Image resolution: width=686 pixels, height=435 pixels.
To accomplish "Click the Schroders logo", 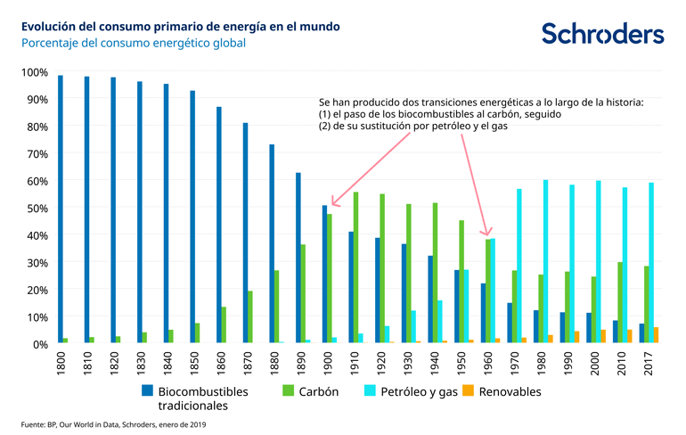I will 602,34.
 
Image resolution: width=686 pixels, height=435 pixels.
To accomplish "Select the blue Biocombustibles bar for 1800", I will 61,209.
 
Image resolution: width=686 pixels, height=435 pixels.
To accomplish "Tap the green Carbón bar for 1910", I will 356,267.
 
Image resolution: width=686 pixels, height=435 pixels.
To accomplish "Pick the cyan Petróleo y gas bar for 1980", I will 546,262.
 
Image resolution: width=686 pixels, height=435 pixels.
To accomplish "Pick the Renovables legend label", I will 508,391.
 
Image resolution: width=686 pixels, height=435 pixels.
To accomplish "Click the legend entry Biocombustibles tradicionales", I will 202,398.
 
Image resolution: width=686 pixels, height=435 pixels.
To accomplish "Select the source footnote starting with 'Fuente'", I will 114,424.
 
